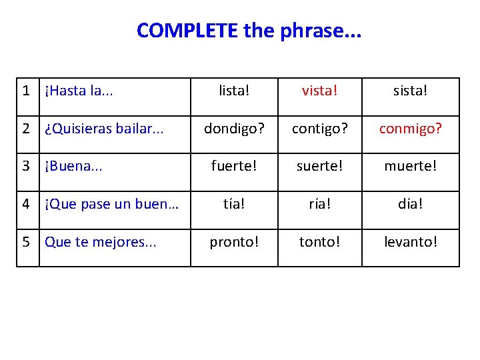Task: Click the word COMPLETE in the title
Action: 187,30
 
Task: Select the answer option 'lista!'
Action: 233,91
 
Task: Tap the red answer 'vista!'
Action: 319,91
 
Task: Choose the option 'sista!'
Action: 410,91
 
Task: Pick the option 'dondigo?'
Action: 233,129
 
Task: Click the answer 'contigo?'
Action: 319,129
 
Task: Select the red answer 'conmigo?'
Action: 410,129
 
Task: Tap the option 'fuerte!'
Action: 233,166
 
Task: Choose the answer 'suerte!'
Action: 319,166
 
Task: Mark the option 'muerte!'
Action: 410,166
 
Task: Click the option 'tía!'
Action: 233,204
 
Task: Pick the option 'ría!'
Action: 319,204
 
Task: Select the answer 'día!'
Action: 410,204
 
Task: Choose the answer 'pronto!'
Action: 233,242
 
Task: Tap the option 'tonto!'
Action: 319,242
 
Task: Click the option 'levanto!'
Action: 410,242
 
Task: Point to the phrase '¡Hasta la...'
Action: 78,91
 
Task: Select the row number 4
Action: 26,204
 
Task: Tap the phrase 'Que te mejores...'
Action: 100,242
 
